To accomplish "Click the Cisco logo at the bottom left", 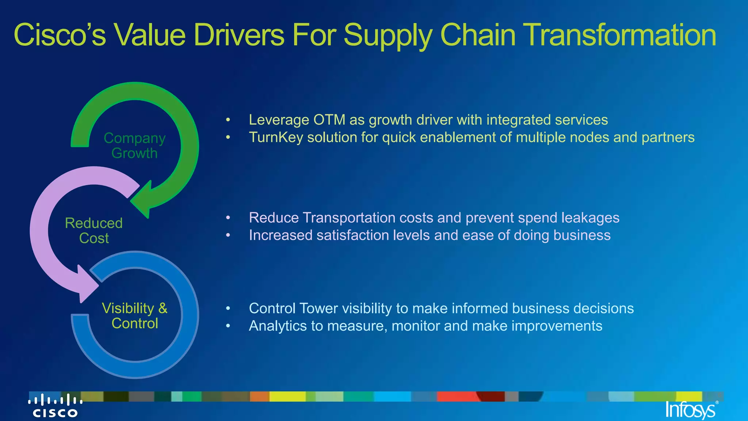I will (55, 406).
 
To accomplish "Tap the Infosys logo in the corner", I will (690, 410).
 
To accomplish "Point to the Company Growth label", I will (134, 145).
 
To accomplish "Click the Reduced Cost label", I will (94, 231).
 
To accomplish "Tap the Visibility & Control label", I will (134, 316).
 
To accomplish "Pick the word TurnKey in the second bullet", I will (276, 137).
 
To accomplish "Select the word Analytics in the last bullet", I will (278, 326).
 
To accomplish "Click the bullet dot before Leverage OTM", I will (228, 120).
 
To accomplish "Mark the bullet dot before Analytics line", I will (228, 326).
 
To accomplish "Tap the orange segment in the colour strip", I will (260, 397).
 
